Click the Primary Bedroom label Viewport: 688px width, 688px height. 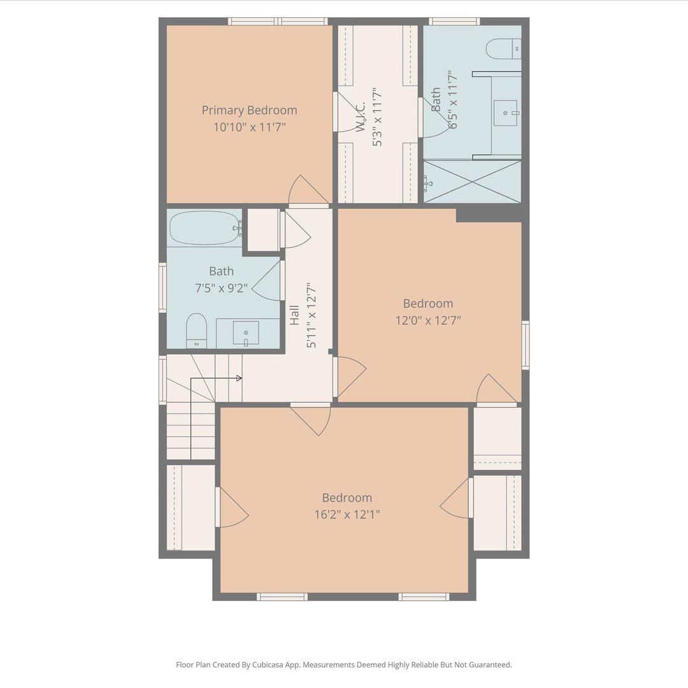point(249,110)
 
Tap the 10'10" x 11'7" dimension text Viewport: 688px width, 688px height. point(249,127)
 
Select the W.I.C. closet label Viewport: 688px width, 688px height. point(361,117)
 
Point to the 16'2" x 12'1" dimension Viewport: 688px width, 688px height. point(347,514)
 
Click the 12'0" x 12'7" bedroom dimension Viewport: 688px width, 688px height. point(428,320)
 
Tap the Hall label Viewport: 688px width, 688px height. point(294,315)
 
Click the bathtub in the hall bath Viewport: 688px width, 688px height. point(205,227)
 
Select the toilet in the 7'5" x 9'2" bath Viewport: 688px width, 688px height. point(196,331)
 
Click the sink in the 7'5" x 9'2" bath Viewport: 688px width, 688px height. point(246,333)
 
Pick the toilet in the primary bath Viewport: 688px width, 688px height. point(504,48)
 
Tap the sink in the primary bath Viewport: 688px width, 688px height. point(506,113)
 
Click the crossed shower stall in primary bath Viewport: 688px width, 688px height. point(472,181)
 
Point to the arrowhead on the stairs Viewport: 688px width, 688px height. point(239,378)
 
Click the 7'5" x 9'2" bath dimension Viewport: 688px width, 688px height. point(221,289)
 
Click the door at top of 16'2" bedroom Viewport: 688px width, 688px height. point(311,419)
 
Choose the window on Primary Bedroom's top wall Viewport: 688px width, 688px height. point(277,21)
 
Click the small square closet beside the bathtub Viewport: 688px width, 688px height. point(263,230)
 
